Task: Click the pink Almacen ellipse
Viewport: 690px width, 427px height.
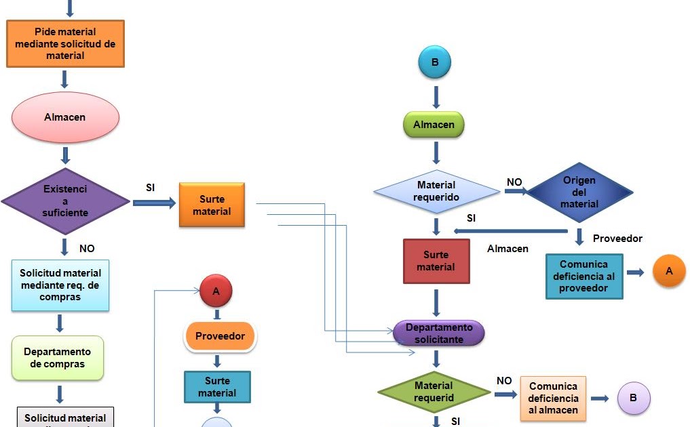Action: [x=65, y=117]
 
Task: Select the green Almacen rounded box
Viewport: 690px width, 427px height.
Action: [x=434, y=125]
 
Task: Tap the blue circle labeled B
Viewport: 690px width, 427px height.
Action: [x=435, y=63]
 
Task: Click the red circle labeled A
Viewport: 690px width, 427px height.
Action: [x=216, y=291]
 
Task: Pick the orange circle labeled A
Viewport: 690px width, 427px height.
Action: [x=669, y=270]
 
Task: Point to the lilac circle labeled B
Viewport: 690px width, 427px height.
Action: [x=633, y=398]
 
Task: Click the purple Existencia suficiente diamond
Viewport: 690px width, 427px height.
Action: [x=65, y=201]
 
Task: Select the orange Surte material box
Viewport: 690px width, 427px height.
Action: [x=212, y=205]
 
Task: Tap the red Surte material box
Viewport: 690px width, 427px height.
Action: [x=436, y=261]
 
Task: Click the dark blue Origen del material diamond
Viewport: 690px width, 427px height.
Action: [x=579, y=192]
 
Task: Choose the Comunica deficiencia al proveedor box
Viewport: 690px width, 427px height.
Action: [x=583, y=277]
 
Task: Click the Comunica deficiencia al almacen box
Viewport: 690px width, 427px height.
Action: [x=553, y=398]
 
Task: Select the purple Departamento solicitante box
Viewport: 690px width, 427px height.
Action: [x=439, y=333]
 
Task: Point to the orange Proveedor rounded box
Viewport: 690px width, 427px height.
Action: [x=220, y=335]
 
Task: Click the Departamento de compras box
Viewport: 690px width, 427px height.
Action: [x=58, y=358]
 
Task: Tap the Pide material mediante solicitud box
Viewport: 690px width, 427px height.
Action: [x=65, y=43]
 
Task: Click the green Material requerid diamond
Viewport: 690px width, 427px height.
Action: [x=434, y=391]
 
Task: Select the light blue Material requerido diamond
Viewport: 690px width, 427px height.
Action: [x=436, y=191]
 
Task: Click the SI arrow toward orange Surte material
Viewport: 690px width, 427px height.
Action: [x=155, y=203]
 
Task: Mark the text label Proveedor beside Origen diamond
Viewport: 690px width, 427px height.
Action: [x=617, y=239]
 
